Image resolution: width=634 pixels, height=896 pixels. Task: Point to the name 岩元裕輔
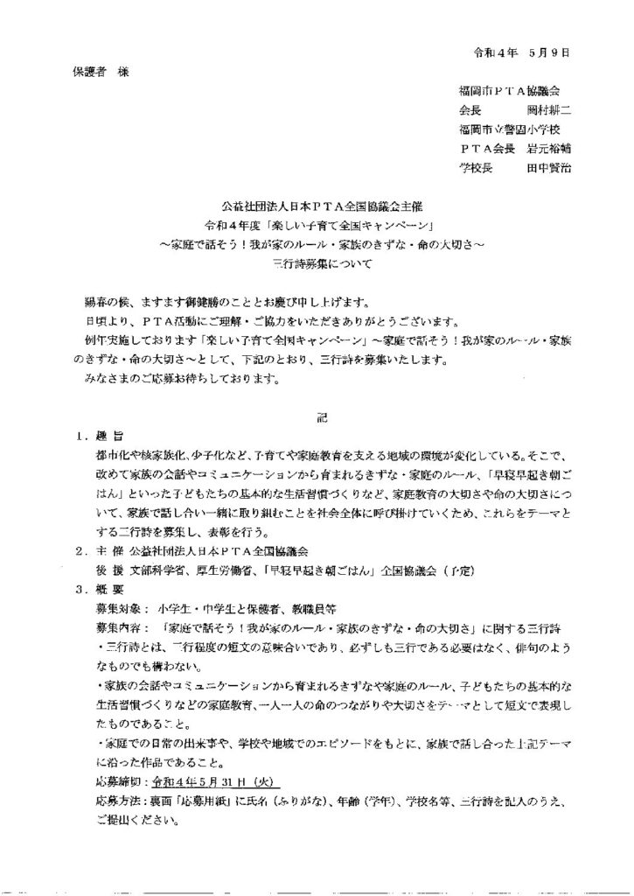pyautogui.click(x=548, y=148)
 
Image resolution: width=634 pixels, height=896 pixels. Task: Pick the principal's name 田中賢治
pyautogui.click(x=548, y=167)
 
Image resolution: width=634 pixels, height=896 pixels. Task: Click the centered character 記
pyautogui.click(x=322, y=419)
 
